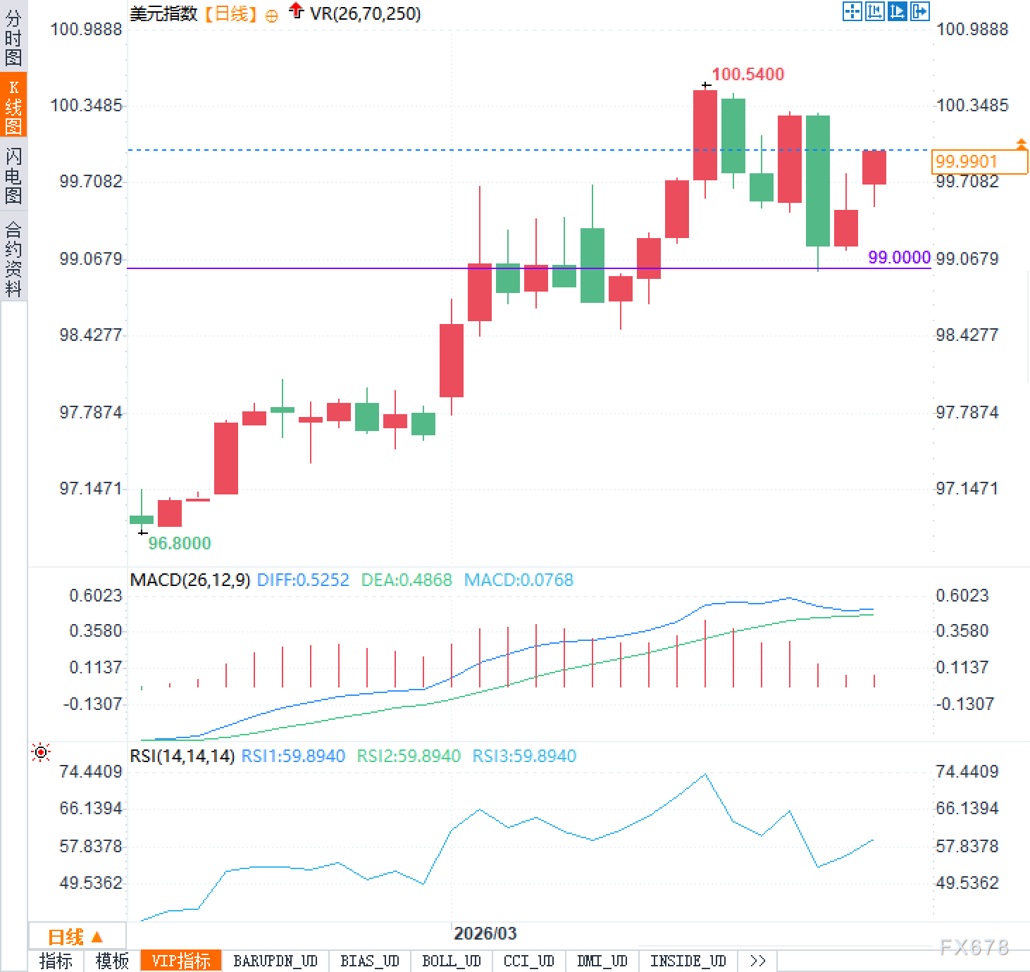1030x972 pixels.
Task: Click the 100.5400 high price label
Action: [x=747, y=74]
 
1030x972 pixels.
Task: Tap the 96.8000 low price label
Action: [x=179, y=543]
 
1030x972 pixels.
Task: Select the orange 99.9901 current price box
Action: [x=979, y=162]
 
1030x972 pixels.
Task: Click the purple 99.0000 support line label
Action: [x=899, y=257]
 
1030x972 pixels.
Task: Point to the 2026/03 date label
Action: [x=485, y=933]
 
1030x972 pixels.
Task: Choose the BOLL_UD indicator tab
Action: [x=451, y=961]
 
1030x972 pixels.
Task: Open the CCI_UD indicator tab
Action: [x=528, y=961]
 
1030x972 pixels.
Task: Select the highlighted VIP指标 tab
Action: [x=181, y=961]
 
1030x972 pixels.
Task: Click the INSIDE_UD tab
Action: [x=688, y=961]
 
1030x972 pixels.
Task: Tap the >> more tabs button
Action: [x=758, y=961]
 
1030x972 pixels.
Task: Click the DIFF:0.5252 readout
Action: [x=303, y=580]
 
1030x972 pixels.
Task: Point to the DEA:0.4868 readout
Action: [x=407, y=580]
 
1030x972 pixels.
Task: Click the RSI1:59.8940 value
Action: [x=293, y=756]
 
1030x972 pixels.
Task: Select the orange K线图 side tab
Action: [x=13, y=106]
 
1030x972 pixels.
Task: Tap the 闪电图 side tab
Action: [x=13, y=175]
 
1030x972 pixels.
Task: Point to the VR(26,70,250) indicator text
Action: [x=365, y=13]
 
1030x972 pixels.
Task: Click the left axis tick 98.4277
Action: [x=90, y=335]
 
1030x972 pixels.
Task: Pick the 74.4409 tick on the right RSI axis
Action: [x=967, y=771]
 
